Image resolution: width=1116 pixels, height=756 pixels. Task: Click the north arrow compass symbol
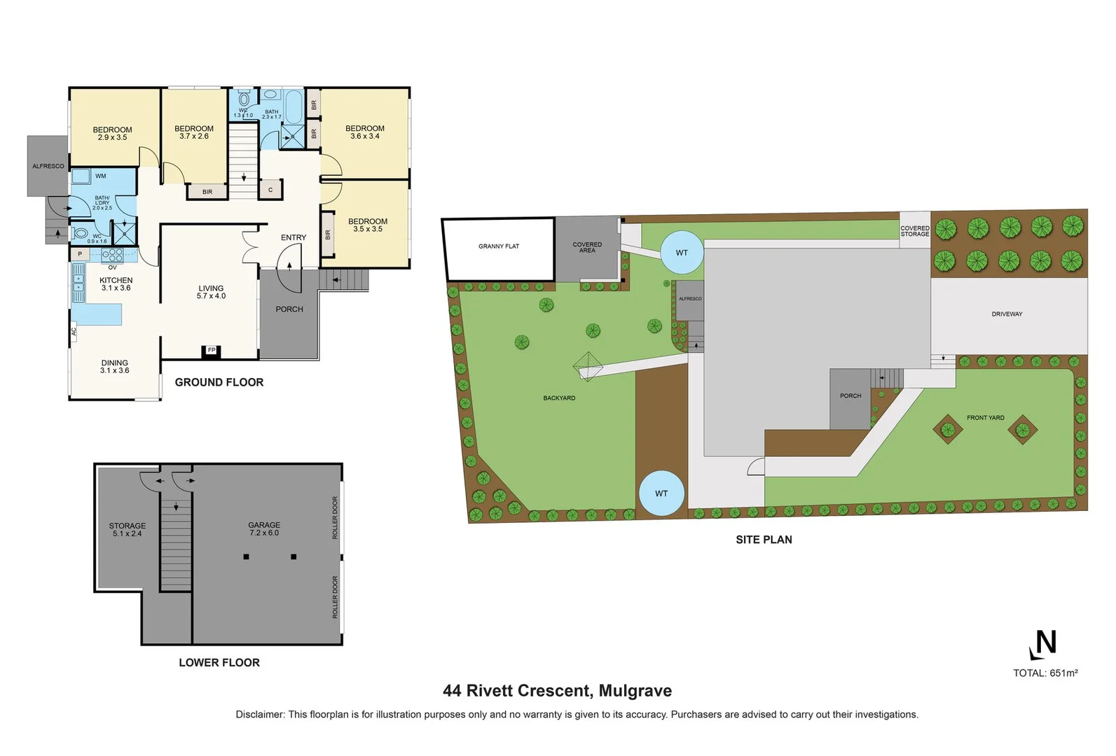pyautogui.click(x=1042, y=644)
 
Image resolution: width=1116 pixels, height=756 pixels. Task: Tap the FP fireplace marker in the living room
pyautogui.click(x=211, y=350)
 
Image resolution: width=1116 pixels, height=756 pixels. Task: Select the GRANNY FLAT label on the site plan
pyautogui.click(x=499, y=246)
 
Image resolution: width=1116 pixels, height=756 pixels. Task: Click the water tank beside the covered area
pyautogui.click(x=682, y=253)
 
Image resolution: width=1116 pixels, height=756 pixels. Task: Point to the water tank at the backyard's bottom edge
pyautogui.click(x=661, y=493)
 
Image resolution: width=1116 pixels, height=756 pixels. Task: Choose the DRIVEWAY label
pyautogui.click(x=1007, y=314)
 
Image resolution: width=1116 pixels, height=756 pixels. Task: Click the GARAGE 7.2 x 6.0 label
pyautogui.click(x=264, y=529)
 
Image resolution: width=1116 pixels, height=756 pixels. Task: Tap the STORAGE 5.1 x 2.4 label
pyautogui.click(x=128, y=530)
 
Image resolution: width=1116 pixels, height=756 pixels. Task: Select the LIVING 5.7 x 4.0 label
pyautogui.click(x=211, y=292)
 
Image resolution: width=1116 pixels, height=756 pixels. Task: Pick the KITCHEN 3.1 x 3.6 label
pyautogui.click(x=116, y=284)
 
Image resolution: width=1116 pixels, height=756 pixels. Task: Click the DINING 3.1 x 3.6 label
pyautogui.click(x=114, y=367)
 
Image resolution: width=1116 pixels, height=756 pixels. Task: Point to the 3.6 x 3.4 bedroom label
pyautogui.click(x=365, y=132)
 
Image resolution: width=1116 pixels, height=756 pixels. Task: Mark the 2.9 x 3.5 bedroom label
pyautogui.click(x=112, y=134)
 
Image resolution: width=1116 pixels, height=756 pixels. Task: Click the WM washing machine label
pyautogui.click(x=101, y=176)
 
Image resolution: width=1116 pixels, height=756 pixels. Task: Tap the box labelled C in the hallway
pyautogui.click(x=270, y=190)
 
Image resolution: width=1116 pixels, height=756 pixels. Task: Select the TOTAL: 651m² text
pyautogui.click(x=1045, y=673)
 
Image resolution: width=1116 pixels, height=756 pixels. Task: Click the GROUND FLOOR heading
pyautogui.click(x=219, y=382)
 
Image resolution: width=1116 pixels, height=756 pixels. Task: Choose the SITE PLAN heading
pyautogui.click(x=764, y=540)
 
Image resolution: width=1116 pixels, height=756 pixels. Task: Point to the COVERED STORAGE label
pyautogui.click(x=915, y=231)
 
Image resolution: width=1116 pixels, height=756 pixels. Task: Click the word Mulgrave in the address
pyautogui.click(x=635, y=691)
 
